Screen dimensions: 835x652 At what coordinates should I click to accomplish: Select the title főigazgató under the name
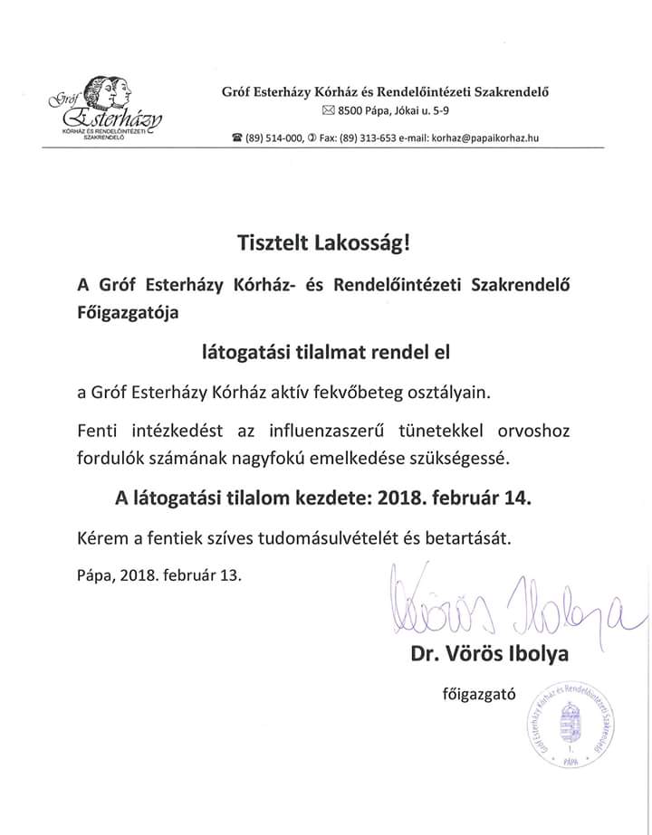[478, 695]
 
